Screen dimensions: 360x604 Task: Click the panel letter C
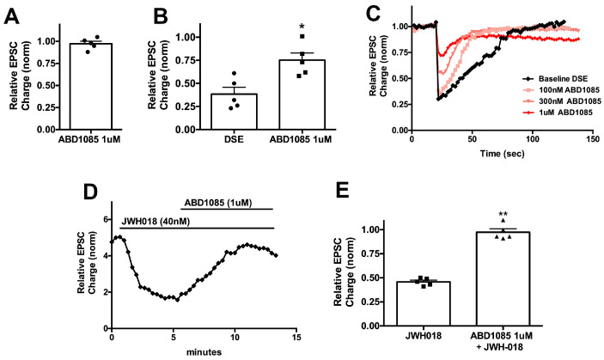[372, 12]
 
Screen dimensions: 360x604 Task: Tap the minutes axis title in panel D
[202, 352]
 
